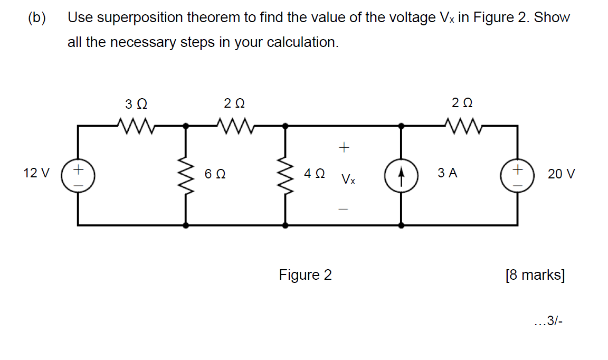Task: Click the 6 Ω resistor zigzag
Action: (185, 175)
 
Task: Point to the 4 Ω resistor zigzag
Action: (286, 175)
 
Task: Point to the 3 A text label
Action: (447, 173)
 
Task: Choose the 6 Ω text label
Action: (215, 174)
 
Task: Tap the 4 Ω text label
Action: (315, 173)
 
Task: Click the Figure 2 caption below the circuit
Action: (305, 275)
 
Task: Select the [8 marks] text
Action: (535, 275)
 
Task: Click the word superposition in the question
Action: (129, 18)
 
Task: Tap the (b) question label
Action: (36, 18)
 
